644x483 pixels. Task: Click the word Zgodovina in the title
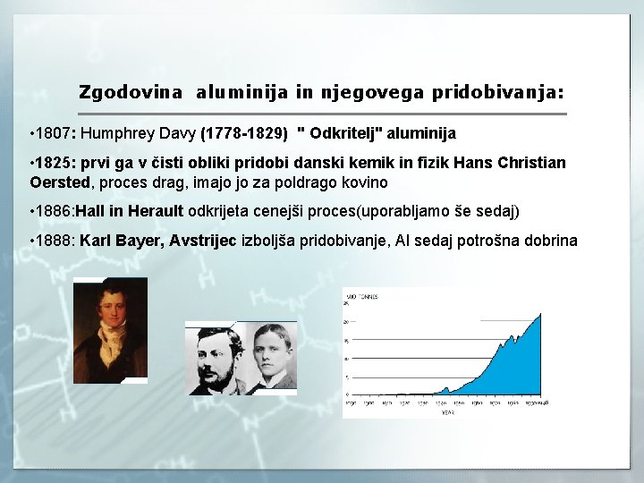[131, 92]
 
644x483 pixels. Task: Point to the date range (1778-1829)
[245, 133]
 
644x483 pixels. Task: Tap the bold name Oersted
[60, 182]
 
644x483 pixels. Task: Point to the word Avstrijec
[204, 241]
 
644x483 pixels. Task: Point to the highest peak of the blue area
[538, 314]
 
